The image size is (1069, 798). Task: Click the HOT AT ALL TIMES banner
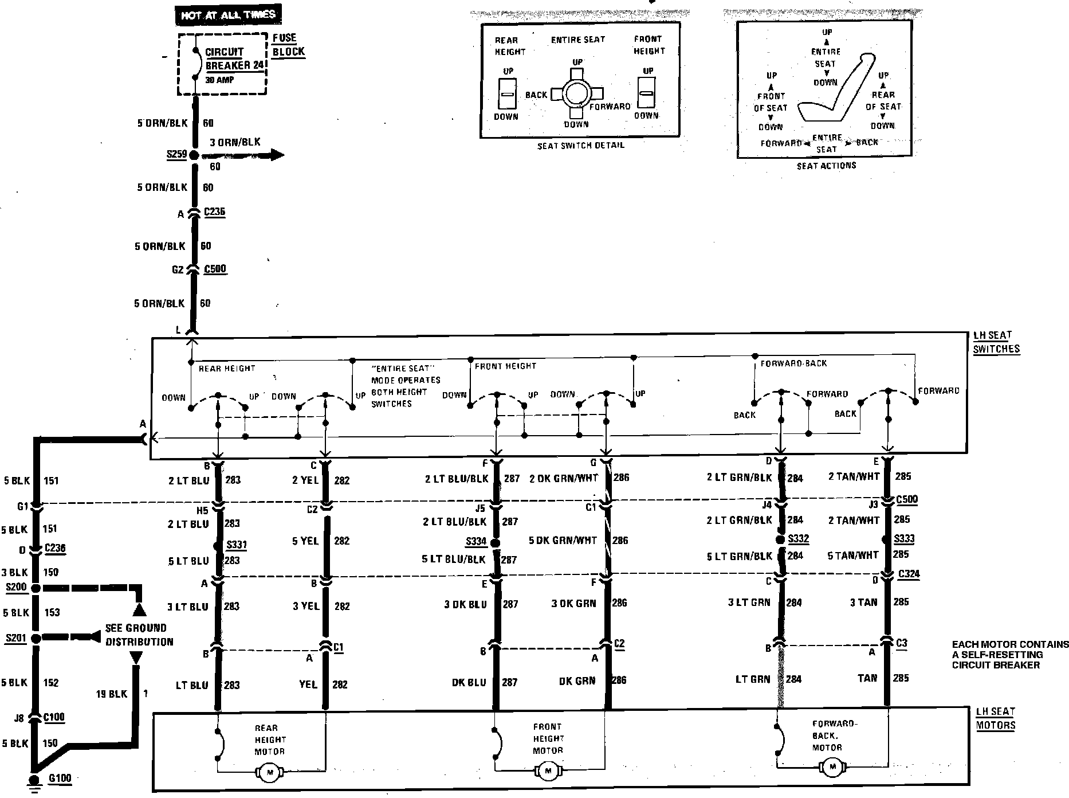(228, 15)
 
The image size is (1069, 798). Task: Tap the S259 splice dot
(194, 155)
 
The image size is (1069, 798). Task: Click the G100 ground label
(60, 779)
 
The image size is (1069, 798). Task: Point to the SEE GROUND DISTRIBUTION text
(139, 635)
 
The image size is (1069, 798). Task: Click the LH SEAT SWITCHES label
(996, 342)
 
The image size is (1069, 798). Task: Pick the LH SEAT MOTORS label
(995, 718)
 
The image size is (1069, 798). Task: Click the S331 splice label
(237, 545)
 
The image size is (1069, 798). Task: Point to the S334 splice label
(476, 541)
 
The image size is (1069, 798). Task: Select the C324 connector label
(909, 573)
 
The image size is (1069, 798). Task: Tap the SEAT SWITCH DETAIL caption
(580, 146)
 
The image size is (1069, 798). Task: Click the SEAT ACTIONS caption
(826, 166)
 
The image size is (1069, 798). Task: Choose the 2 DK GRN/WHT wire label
(563, 478)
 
